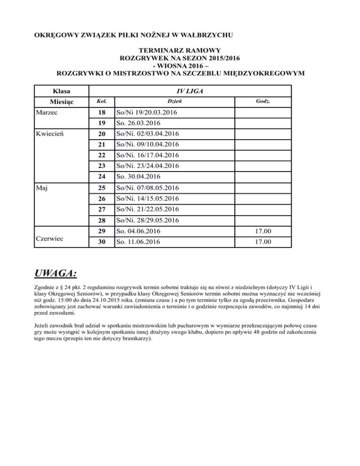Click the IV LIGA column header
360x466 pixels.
point(190,90)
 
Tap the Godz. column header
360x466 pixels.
point(262,102)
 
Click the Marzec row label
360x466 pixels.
point(49,113)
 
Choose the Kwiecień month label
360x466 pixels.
point(51,134)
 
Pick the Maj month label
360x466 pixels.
point(43,188)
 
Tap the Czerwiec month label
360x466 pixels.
point(52,237)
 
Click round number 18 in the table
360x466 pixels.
point(102,113)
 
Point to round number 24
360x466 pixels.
point(102,177)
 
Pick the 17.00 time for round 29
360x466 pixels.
point(262,231)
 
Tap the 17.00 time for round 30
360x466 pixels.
point(262,242)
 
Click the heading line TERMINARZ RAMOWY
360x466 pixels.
point(180,50)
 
